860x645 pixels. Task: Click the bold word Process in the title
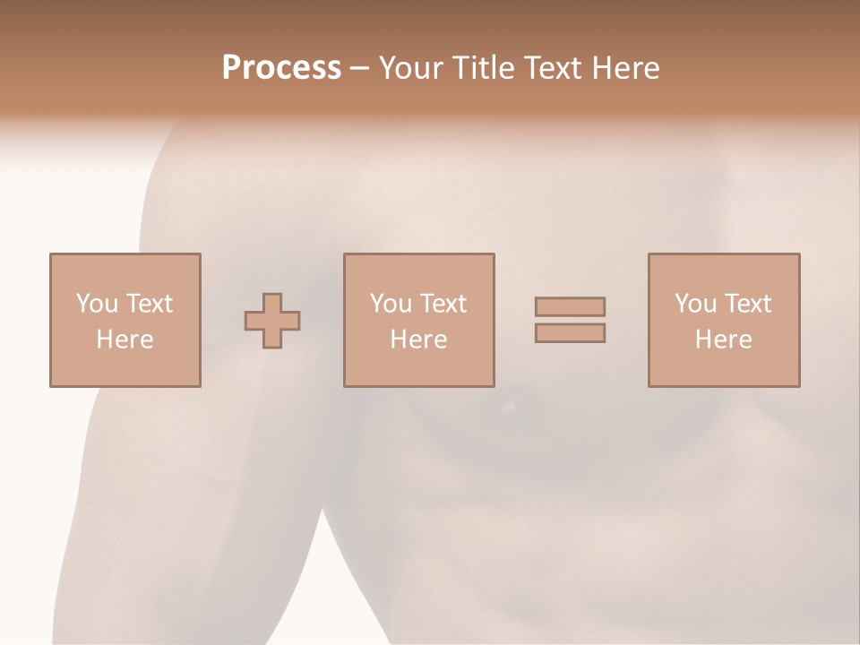[281, 68]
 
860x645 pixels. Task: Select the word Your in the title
[410, 68]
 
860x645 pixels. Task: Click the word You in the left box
[97, 304]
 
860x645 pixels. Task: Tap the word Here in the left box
[125, 340]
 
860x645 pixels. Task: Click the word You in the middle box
[391, 304]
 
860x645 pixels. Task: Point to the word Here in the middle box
[418, 340]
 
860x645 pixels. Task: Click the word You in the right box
[695, 304]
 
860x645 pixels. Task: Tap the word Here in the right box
[723, 340]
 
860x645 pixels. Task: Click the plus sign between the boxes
[272, 321]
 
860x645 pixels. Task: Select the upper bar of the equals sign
[570, 306]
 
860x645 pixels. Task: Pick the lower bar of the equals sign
[570, 332]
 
